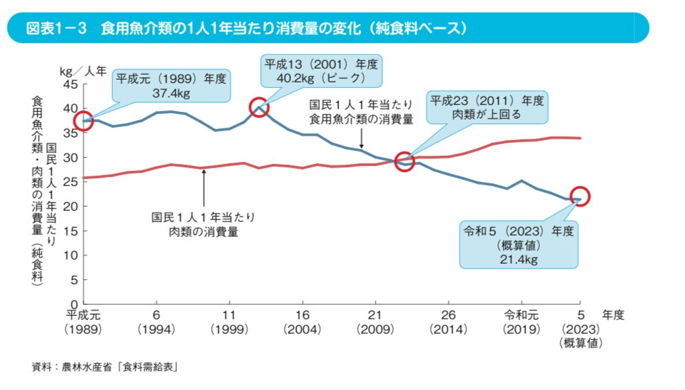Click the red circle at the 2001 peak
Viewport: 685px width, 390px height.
pos(259,108)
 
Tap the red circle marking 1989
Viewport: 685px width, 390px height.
pos(83,121)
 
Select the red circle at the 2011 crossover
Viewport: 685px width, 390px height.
pos(405,162)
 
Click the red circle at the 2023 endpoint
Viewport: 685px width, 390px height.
pos(580,196)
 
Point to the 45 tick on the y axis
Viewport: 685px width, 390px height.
pos(71,84)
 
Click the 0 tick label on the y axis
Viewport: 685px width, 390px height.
pos(75,303)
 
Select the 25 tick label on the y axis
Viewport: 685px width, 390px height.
pos(71,182)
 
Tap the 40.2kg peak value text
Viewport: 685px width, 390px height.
pos(321,78)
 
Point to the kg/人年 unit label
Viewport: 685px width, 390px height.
pos(83,71)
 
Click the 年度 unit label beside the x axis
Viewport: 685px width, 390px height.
pos(612,314)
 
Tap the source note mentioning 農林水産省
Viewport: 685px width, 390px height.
pos(105,367)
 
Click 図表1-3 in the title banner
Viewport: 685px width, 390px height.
pos(55,29)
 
